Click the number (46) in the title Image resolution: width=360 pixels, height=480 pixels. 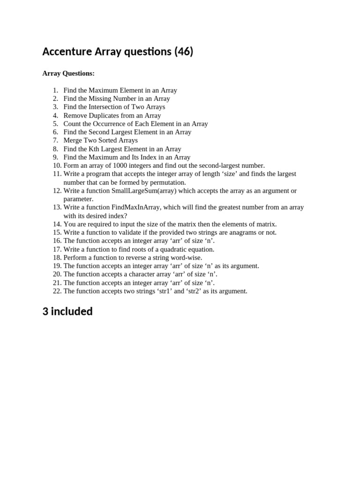(x=183, y=52)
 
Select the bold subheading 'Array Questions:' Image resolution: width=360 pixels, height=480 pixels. (x=68, y=73)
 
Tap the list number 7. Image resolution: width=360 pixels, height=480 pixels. (x=55, y=141)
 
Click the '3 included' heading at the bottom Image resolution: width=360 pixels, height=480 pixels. (x=67, y=312)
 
